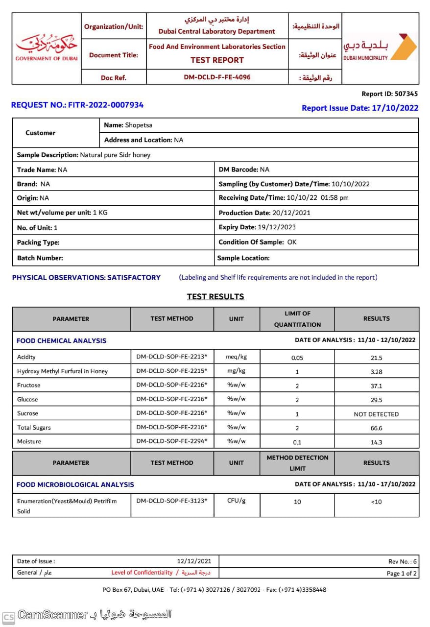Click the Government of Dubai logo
(x=47, y=48)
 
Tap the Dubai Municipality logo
(x=380, y=48)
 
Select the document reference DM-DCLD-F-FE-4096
(x=217, y=77)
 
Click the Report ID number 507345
(x=406, y=94)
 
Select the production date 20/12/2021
(x=291, y=213)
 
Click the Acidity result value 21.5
(x=376, y=358)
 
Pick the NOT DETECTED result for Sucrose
(x=376, y=414)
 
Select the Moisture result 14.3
(x=376, y=442)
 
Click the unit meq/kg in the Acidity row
(x=236, y=357)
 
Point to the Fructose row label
(x=29, y=386)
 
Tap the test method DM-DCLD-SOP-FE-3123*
(x=171, y=501)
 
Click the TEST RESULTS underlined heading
(x=215, y=296)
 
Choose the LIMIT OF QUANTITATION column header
(x=297, y=319)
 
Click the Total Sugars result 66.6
(x=376, y=428)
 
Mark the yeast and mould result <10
(x=376, y=502)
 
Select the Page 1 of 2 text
(x=402, y=573)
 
